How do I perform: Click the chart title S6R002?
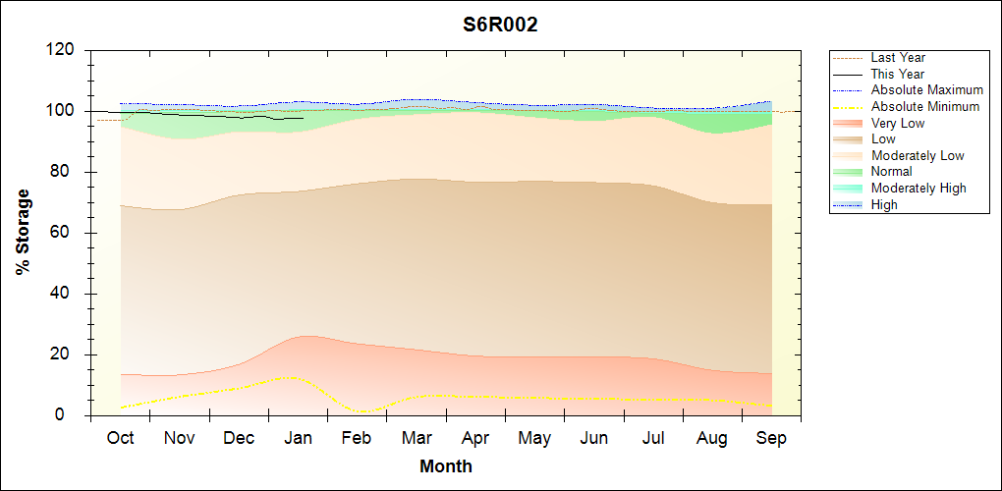pyautogui.click(x=500, y=25)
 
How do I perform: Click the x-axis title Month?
pyautogui.click(x=445, y=466)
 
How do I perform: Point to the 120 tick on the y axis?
pyautogui.click(x=62, y=50)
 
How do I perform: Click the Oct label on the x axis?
pyautogui.click(x=120, y=438)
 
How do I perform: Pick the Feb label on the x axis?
pyautogui.click(x=357, y=438)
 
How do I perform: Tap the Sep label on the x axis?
pyautogui.click(x=771, y=438)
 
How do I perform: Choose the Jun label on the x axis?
pyautogui.click(x=593, y=438)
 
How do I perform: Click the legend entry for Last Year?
pyautogui.click(x=898, y=58)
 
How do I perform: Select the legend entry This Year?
pyautogui.click(x=898, y=75)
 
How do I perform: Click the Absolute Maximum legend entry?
pyautogui.click(x=926, y=90)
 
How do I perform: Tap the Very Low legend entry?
pyautogui.click(x=898, y=123)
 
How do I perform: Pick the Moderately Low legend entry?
pyautogui.click(x=918, y=155)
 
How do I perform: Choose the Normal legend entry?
pyautogui.click(x=892, y=172)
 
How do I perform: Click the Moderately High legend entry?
pyautogui.click(x=918, y=188)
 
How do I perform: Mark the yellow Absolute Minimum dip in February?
pyautogui.click(x=362, y=410)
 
